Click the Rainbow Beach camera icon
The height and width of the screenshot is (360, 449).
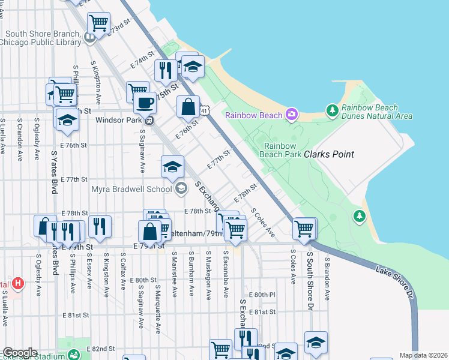[292, 113]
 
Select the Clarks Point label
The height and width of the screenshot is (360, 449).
[329, 154]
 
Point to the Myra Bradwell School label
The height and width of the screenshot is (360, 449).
[131, 190]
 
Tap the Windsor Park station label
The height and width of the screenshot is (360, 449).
[121, 119]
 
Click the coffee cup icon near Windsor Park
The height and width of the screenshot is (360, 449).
[144, 103]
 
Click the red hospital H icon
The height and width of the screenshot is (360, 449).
[18, 283]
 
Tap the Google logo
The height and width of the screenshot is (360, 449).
[20, 353]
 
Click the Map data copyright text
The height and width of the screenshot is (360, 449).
[423, 355]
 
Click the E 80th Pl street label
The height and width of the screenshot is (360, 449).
[264, 295]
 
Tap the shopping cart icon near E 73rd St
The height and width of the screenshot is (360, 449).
[98, 23]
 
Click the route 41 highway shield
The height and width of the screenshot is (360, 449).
[205, 111]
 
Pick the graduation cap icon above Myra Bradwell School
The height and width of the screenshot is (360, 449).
[172, 167]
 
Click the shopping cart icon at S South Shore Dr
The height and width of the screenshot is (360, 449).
[304, 229]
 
